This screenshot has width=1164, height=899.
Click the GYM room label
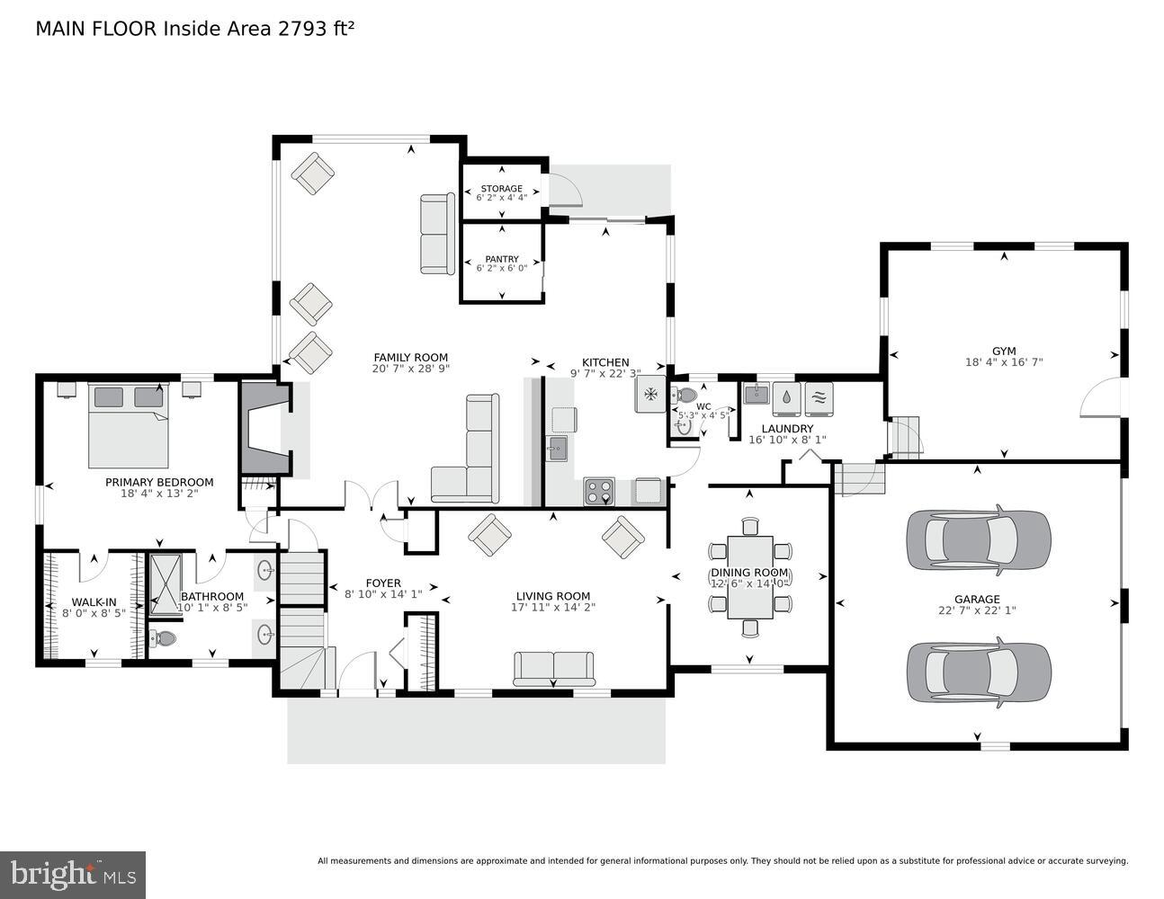(x=1003, y=351)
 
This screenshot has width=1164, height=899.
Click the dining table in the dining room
(x=749, y=576)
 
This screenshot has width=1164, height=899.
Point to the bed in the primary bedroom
(x=128, y=426)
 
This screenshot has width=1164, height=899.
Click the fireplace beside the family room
(x=264, y=428)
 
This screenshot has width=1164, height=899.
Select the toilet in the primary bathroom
(x=164, y=639)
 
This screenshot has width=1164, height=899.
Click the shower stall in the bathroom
(x=165, y=584)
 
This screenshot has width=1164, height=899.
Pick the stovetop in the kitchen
(x=599, y=491)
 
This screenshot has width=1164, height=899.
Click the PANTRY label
(x=501, y=259)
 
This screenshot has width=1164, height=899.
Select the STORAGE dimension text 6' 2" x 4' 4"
(x=501, y=197)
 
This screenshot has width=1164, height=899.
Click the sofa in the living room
(x=553, y=669)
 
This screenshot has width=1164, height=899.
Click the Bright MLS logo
(x=73, y=873)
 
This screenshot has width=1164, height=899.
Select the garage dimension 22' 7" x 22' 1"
(x=977, y=610)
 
